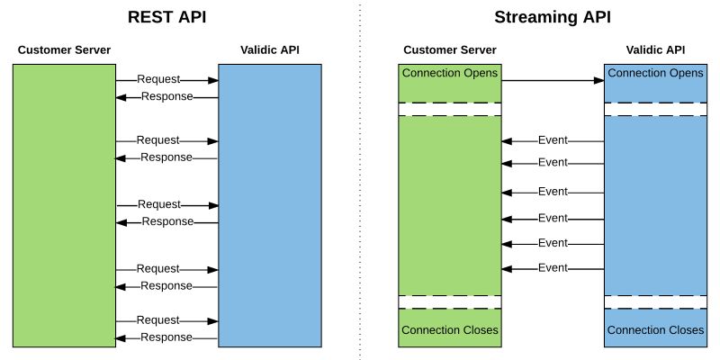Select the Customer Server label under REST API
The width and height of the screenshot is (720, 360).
tap(64, 49)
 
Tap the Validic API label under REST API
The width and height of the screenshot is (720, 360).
tap(269, 49)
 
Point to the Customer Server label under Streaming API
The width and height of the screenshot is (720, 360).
tap(449, 49)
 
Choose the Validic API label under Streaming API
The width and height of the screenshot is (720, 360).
tap(654, 49)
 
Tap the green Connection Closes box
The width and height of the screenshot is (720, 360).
tap(450, 329)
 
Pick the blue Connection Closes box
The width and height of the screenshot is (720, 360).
tap(655, 329)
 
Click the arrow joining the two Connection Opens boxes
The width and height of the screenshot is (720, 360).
tap(552, 81)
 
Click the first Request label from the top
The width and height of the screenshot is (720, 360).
tap(158, 80)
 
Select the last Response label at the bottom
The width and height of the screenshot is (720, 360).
tap(166, 337)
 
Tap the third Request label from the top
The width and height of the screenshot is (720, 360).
tap(158, 204)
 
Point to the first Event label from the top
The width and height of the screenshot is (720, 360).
tap(553, 140)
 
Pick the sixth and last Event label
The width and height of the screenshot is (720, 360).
tap(553, 268)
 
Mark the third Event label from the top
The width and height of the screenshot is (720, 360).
tap(553, 192)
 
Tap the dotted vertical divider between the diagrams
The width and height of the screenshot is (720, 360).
tap(359, 180)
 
